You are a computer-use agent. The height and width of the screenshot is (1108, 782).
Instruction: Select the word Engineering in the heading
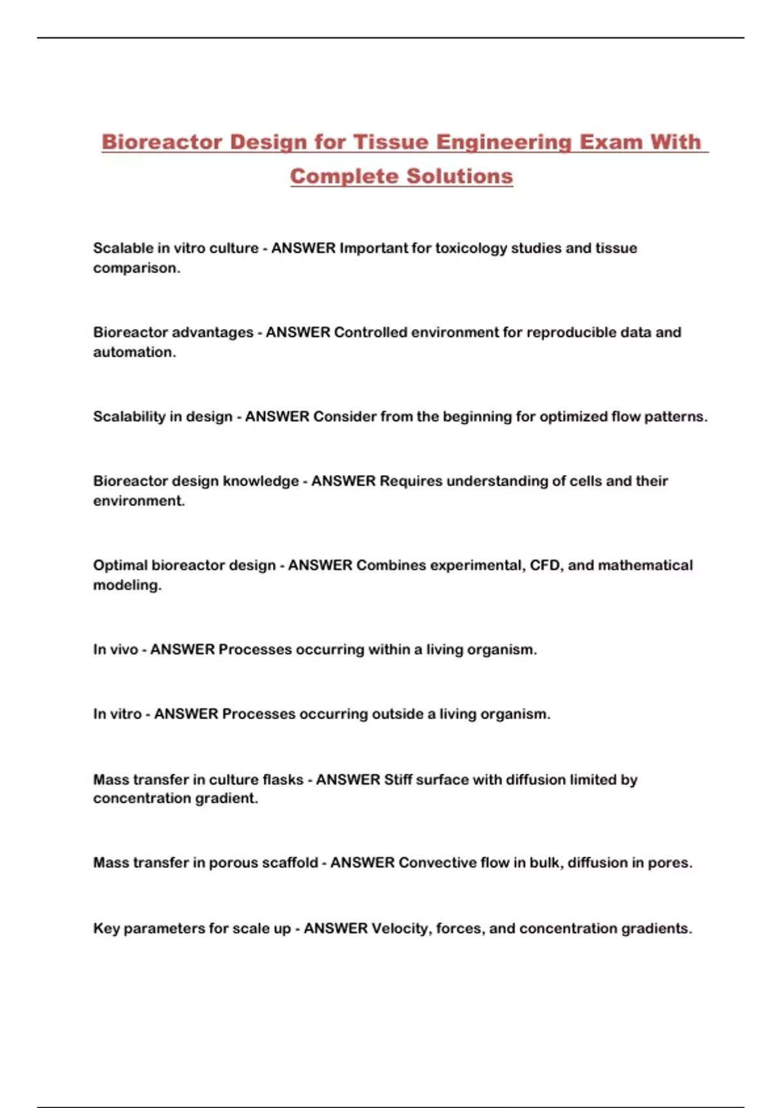503,142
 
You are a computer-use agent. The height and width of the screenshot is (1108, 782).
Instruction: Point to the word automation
134,353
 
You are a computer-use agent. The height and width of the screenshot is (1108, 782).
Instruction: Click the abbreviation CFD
544,565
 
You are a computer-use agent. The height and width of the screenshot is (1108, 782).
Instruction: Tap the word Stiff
398,780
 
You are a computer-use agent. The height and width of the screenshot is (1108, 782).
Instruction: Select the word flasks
283,780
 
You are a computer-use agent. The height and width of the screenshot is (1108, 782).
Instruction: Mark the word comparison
136,269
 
